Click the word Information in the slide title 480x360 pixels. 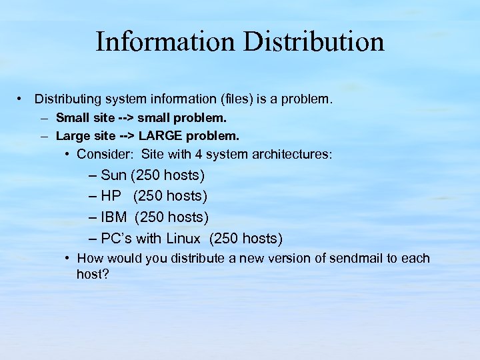coord(165,41)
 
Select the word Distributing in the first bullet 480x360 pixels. coord(69,99)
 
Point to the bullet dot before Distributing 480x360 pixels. coord(21,99)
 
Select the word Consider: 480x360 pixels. coord(104,155)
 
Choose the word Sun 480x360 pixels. coord(114,176)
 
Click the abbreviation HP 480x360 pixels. coord(111,197)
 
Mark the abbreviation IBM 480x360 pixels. coord(114,217)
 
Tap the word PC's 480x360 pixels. coord(117,239)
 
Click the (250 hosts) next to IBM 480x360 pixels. coord(172,217)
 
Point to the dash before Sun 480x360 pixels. coord(93,176)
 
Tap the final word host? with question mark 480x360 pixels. coord(93,274)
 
